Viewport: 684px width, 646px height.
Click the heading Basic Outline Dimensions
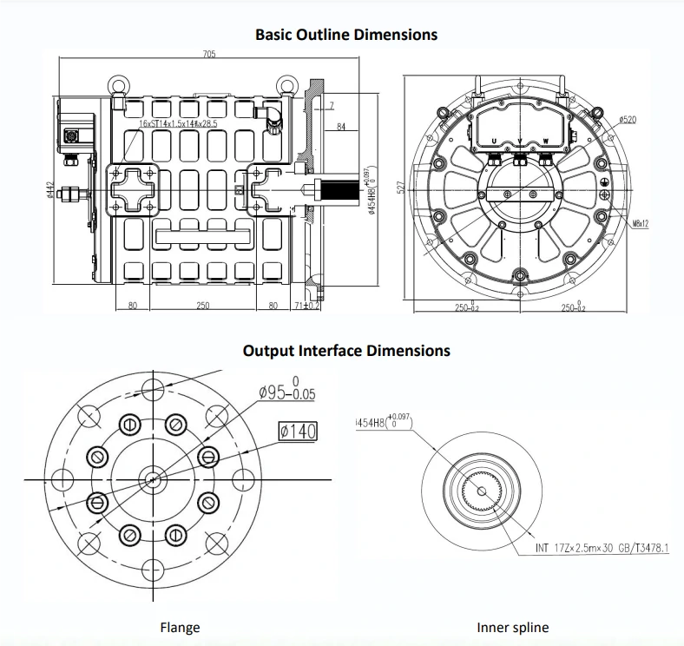[345, 35]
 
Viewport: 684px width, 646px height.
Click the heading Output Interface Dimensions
[345, 351]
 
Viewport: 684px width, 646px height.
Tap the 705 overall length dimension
[209, 55]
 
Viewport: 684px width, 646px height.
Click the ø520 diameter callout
[627, 119]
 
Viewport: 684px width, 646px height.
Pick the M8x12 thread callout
[641, 224]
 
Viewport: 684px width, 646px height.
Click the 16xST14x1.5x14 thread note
[178, 124]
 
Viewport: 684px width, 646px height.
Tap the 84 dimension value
[341, 128]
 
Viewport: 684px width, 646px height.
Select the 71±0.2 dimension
[308, 306]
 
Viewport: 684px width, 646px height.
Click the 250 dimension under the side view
[202, 306]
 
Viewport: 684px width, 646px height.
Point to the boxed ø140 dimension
[299, 431]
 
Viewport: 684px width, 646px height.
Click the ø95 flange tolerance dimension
[287, 392]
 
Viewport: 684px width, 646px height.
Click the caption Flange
[180, 627]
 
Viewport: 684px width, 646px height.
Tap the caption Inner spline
[512, 627]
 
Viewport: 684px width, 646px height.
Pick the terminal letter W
[546, 141]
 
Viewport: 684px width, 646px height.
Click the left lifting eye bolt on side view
[116, 87]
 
